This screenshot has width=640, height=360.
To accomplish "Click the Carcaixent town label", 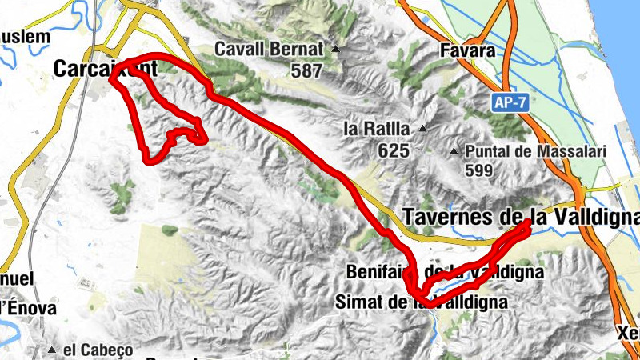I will (106, 70).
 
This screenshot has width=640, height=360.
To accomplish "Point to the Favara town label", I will (469, 50).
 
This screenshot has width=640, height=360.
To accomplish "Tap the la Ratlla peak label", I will (376, 129).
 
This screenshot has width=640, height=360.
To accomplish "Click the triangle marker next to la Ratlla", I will (422, 129).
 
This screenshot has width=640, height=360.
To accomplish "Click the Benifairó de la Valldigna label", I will (445, 272).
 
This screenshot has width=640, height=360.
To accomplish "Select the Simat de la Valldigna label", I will (421, 302).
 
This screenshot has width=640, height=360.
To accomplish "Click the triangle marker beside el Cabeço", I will (53, 350).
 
